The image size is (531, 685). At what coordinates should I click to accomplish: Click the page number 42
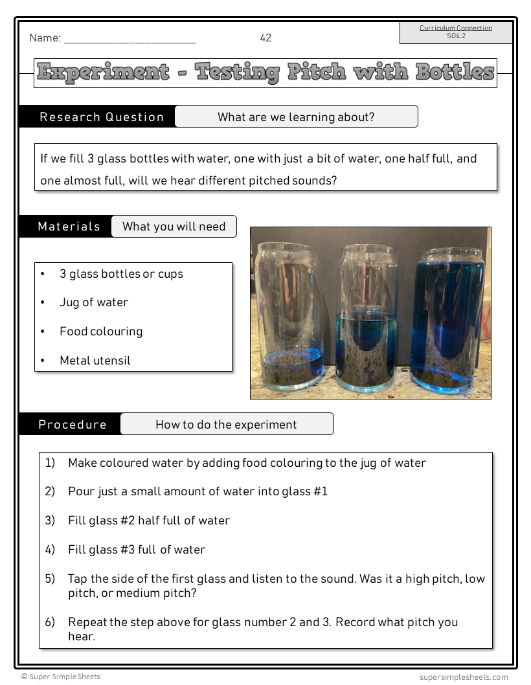[x=265, y=38]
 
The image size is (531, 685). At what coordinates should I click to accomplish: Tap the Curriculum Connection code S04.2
[x=456, y=36]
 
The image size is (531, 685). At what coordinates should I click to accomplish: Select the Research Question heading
[x=102, y=117]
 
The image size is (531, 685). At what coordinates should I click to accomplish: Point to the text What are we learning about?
[x=296, y=117]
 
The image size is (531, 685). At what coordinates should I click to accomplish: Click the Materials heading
[x=69, y=227]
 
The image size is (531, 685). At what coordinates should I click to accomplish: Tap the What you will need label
[x=174, y=227]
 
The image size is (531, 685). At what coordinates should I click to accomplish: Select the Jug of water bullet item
[x=94, y=302]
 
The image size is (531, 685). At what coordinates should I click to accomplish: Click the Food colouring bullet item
[x=101, y=331]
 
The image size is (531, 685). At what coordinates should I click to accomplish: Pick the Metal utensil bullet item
[x=95, y=361]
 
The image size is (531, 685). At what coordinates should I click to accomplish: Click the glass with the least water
[x=291, y=317]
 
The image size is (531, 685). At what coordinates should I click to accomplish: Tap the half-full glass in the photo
[x=367, y=320]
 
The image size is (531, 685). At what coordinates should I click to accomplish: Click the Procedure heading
[x=73, y=425]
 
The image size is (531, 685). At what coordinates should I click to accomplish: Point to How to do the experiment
[x=226, y=425]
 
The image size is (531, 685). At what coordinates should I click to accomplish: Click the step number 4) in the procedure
[x=50, y=550]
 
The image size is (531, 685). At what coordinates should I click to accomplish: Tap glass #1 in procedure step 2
[x=304, y=491]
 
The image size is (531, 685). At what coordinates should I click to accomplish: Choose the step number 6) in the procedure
[x=50, y=622]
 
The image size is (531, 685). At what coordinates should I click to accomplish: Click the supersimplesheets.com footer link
[x=464, y=677]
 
